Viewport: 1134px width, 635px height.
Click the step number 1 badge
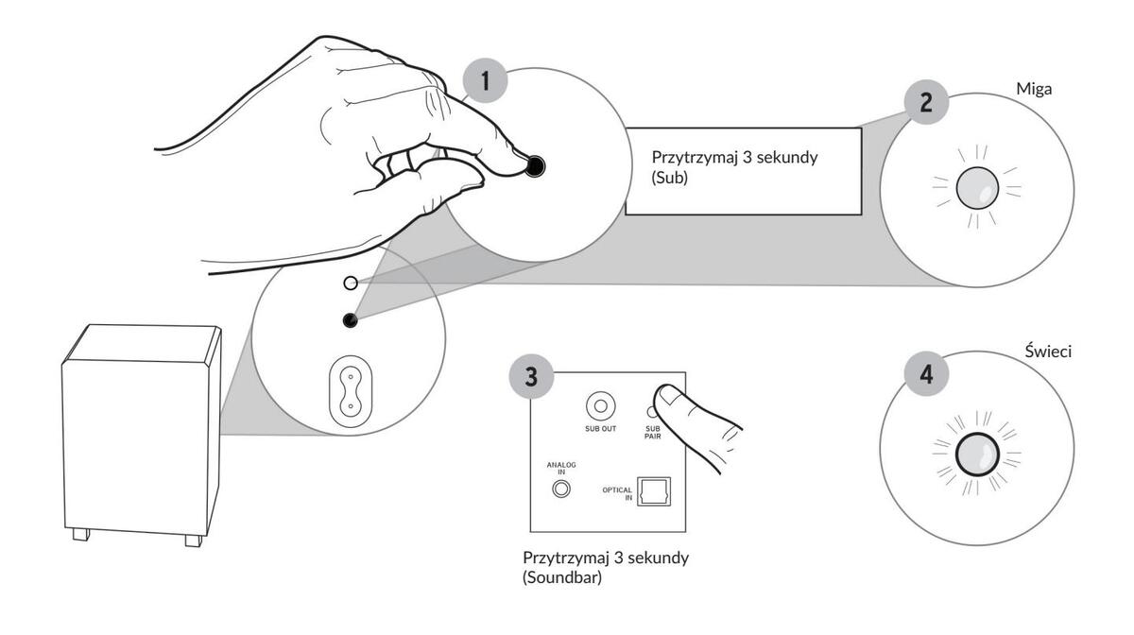coord(486,80)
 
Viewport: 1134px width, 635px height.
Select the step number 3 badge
coord(533,375)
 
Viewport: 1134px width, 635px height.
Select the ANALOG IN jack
coord(562,489)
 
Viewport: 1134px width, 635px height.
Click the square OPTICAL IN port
coord(653,492)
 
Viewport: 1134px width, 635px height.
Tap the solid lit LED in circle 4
coord(976,458)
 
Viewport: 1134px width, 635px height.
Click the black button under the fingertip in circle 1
coord(535,167)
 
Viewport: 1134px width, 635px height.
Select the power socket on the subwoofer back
coord(350,393)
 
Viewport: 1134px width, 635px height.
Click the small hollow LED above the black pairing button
coord(351,283)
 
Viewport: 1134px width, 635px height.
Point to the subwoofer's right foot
coord(193,541)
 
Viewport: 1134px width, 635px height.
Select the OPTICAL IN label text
coord(617,493)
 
